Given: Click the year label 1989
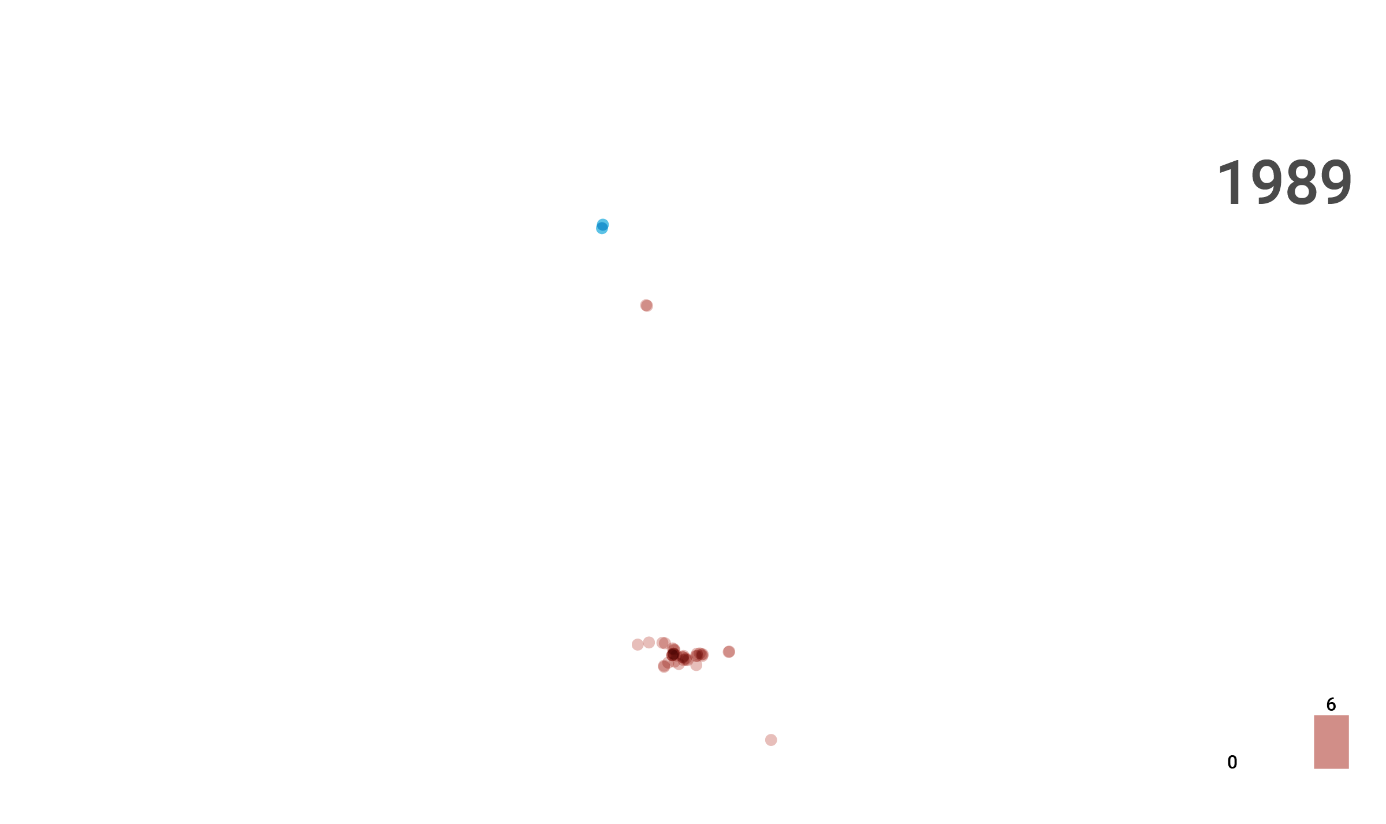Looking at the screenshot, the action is (x=1284, y=183).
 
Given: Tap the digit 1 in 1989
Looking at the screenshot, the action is (x=1231, y=183).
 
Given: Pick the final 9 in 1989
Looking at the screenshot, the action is (x=1335, y=183).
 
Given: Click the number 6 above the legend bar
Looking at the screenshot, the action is (x=1331, y=704).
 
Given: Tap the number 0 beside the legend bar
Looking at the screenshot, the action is (x=1232, y=762).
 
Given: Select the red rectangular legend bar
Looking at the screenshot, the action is (x=1332, y=742).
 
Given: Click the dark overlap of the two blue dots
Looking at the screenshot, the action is (x=602, y=227).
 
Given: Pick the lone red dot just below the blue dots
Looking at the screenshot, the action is (x=647, y=305).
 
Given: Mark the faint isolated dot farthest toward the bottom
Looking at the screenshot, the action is (x=771, y=740).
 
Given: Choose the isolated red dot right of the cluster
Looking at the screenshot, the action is (x=729, y=652).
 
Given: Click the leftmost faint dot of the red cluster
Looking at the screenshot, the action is (x=638, y=644).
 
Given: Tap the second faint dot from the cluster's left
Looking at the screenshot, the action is (x=649, y=643).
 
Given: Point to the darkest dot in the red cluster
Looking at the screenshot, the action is (x=673, y=654).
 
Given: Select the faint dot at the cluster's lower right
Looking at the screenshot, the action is (x=696, y=665).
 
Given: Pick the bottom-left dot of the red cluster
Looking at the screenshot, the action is (x=664, y=666).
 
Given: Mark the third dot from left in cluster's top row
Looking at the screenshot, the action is (x=664, y=643).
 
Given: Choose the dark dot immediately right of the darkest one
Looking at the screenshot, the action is (x=684, y=658).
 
